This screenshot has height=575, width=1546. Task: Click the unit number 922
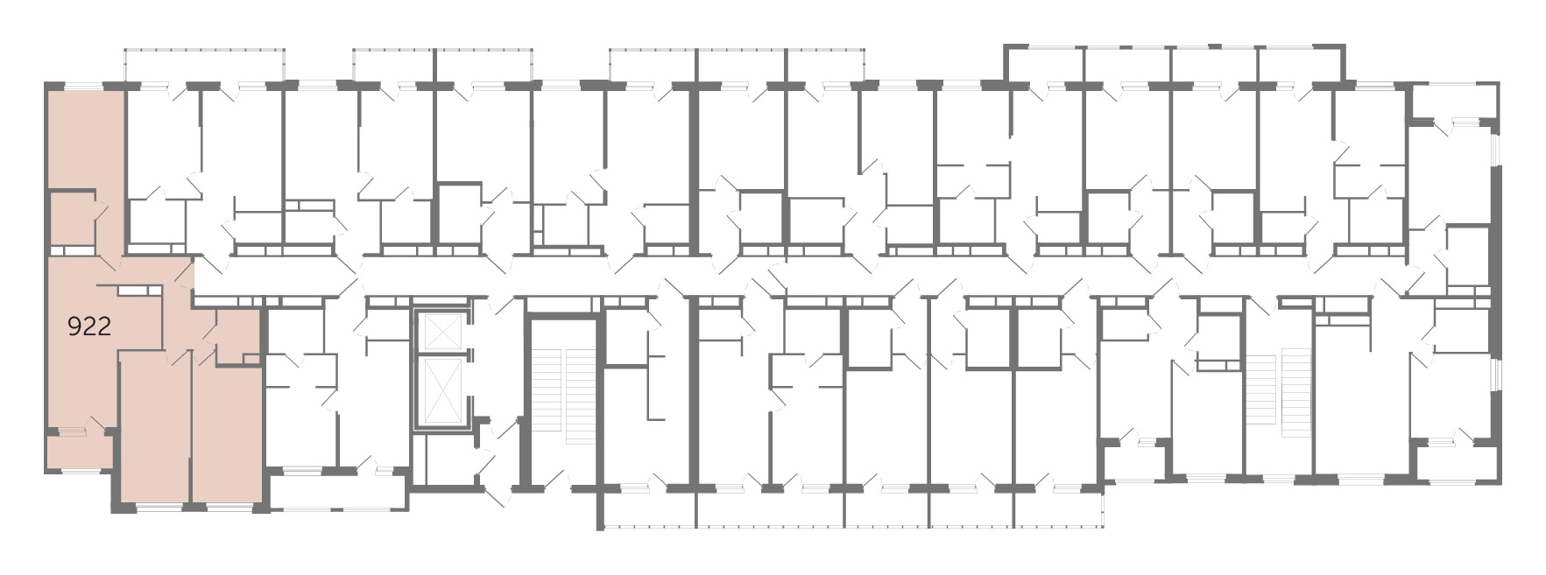(89, 326)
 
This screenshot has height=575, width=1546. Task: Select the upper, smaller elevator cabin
(441, 330)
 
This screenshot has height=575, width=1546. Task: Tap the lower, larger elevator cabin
(441, 389)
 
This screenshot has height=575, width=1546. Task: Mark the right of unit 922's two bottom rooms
(228, 434)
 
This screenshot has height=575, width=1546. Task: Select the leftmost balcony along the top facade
(205, 66)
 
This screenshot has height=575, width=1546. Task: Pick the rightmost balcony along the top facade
(1300, 65)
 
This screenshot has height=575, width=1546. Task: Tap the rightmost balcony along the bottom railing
(1058, 508)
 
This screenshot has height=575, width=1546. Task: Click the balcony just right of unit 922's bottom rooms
(338, 490)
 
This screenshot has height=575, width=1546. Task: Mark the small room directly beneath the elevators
(443, 458)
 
